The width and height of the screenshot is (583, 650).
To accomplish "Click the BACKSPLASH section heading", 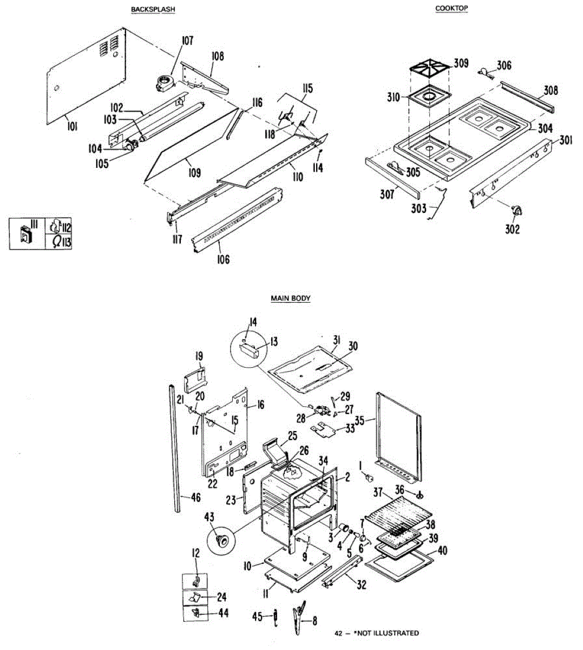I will (153, 10).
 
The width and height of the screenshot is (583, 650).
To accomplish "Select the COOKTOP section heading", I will (451, 8).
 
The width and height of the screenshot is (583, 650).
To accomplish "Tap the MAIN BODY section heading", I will (291, 298).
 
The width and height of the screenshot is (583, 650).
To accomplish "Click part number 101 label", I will (72, 127).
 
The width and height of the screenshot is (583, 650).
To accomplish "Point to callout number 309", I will (461, 63).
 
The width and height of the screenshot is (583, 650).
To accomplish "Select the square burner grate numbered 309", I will (430, 70).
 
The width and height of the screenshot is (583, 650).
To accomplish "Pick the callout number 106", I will (223, 259).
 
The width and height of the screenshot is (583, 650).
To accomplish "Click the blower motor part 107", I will (163, 82).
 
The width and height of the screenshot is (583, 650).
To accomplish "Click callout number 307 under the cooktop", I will (387, 194).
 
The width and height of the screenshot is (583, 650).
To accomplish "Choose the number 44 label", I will (223, 613).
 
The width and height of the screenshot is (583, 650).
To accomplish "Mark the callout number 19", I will (199, 356).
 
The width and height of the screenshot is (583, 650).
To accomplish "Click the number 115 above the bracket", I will (307, 88).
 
